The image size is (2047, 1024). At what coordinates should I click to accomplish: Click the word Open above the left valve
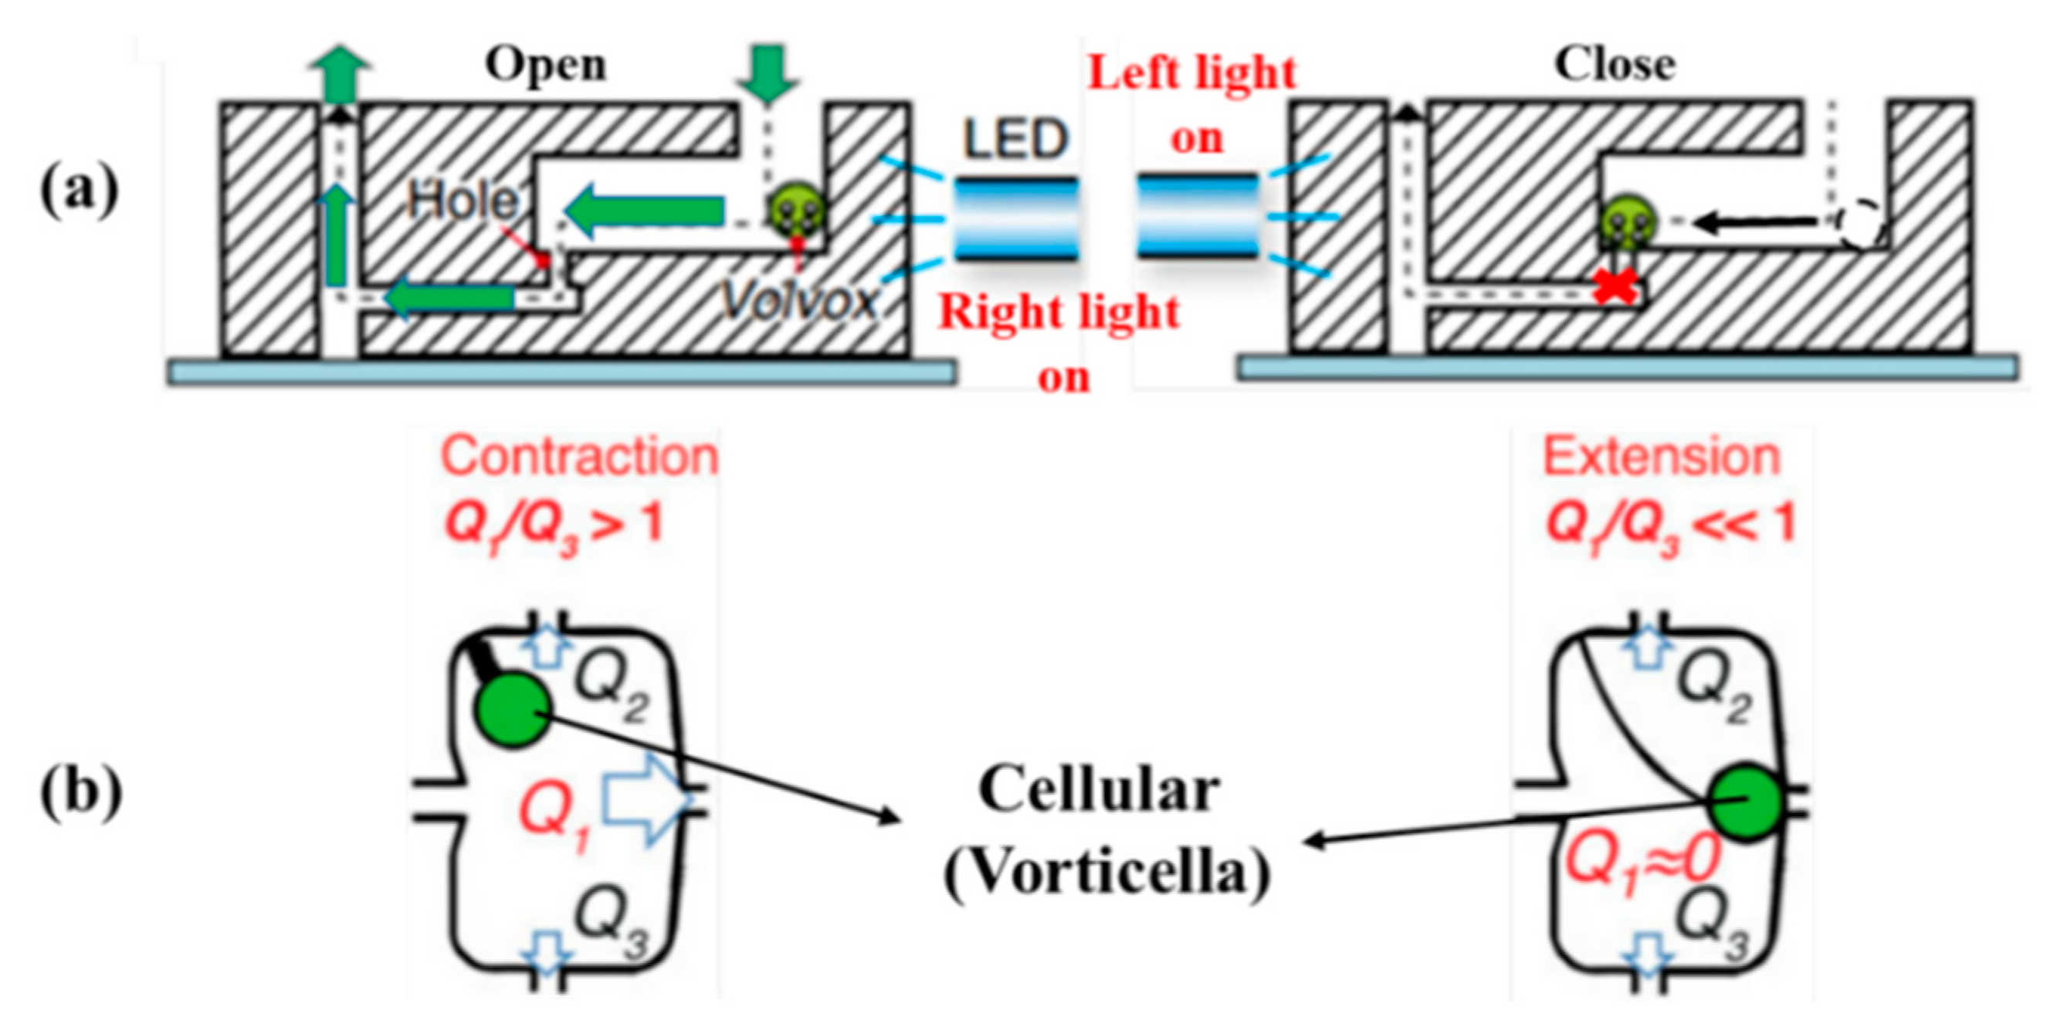coord(546,65)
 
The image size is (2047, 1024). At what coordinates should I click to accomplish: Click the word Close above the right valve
coord(1614,65)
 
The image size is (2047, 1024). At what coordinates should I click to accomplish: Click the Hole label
coord(462,200)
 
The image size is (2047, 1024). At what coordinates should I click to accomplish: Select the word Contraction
coord(579,457)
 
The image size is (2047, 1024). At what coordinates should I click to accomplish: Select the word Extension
coord(1661,458)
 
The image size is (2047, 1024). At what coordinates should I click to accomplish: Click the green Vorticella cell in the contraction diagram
coord(513,708)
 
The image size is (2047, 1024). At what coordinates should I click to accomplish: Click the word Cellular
coord(1099,791)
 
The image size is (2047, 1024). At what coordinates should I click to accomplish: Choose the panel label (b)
coord(81,798)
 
